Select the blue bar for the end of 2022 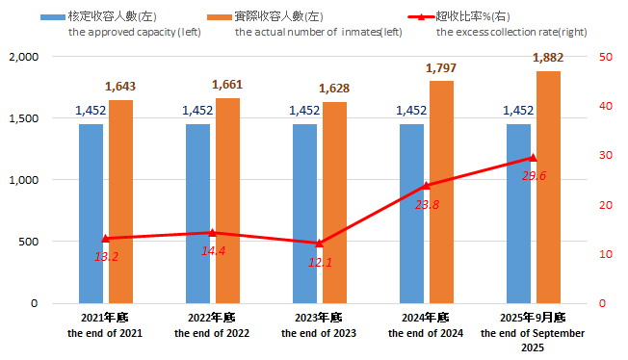(197, 213)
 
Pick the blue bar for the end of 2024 (411, 213)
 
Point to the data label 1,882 (548, 58)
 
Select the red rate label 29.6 (534, 176)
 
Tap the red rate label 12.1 (321, 262)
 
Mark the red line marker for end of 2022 (213, 232)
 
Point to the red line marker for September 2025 (534, 158)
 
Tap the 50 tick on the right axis (605, 57)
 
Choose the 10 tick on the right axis (605, 254)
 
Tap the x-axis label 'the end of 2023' (319, 333)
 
